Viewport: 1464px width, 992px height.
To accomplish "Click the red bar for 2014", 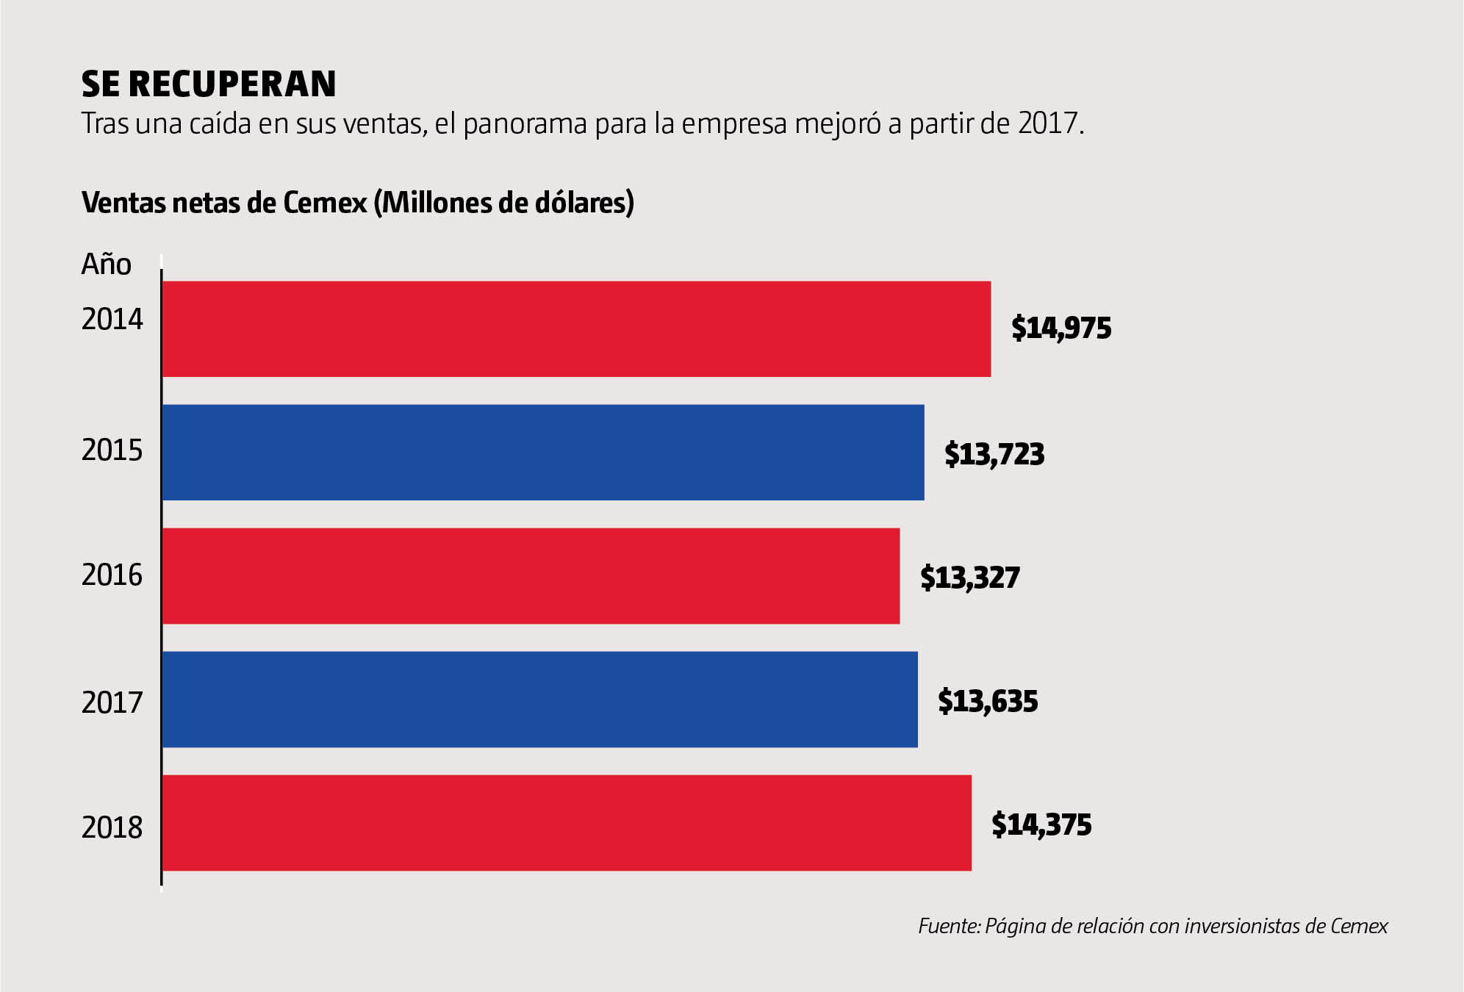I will (x=576, y=329).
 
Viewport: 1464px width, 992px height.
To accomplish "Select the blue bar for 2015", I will (x=543, y=453).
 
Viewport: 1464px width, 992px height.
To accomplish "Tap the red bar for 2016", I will (x=531, y=576).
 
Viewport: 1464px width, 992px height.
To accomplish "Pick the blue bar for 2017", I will (x=539, y=700).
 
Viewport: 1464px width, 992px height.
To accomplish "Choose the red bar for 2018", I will (x=567, y=823).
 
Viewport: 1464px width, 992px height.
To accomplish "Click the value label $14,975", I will (x=1061, y=328).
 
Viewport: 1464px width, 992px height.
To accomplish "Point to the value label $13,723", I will (x=994, y=454).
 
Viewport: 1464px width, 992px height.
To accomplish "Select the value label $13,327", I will (x=970, y=578).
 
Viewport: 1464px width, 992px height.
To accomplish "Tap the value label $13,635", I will (x=988, y=701).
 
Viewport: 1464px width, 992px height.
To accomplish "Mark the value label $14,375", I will (x=1041, y=824).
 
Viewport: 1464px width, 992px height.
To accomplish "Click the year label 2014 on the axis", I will (x=112, y=320).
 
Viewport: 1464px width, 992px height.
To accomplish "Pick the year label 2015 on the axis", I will (x=112, y=450).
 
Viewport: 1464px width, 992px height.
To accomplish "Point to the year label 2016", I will (x=112, y=575).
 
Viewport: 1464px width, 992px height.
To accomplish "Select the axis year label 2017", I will (x=112, y=703).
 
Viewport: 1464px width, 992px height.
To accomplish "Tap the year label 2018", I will (x=112, y=828).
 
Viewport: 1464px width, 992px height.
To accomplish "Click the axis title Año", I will (x=106, y=265).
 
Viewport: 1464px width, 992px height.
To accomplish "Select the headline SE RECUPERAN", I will (x=209, y=85).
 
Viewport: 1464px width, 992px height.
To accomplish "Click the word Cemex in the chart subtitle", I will (x=325, y=203).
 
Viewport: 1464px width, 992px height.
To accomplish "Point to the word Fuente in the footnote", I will (x=949, y=926).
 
